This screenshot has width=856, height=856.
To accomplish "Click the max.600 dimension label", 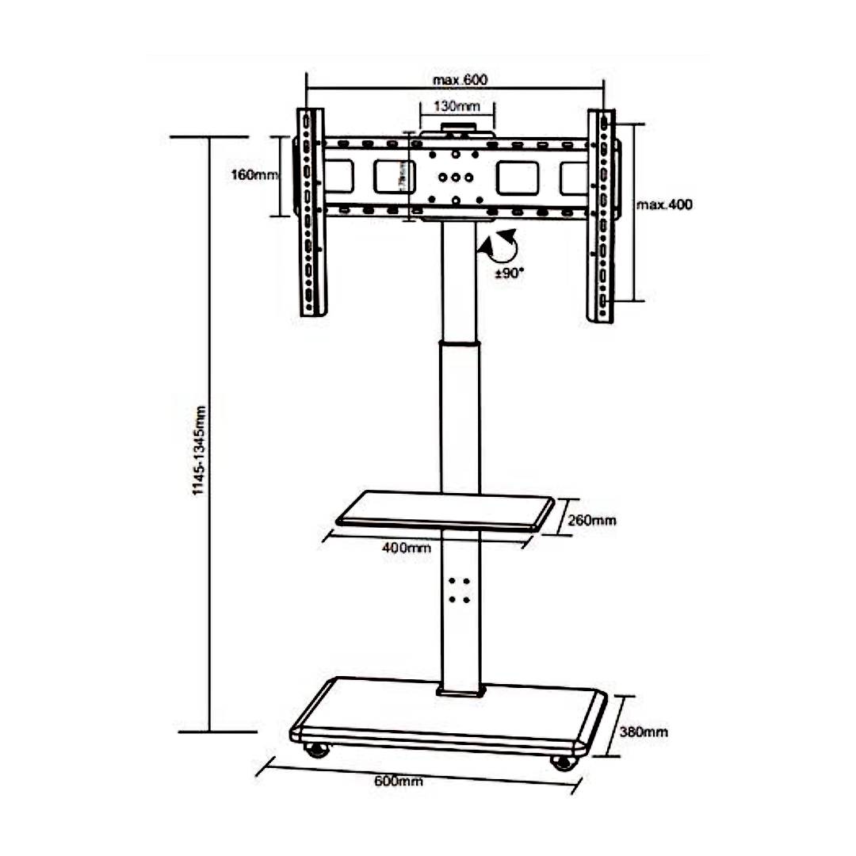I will tap(460, 80).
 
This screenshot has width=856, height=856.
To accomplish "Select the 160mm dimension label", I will tap(254, 175).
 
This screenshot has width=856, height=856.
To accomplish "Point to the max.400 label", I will tap(664, 204).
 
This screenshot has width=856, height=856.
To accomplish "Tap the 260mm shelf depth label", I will tap(592, 521).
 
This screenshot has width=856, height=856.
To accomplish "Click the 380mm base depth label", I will tap(643, 732).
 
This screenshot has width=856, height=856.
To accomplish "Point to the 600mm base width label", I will tap(399, 781).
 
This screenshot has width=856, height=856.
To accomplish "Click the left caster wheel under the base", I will tap(318, 749).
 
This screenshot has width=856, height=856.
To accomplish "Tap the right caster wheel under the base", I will tap(563, 762).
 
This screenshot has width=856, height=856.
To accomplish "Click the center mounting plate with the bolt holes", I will tap(456, 176).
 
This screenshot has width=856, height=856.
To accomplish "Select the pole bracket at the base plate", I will tap(459, 690).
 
